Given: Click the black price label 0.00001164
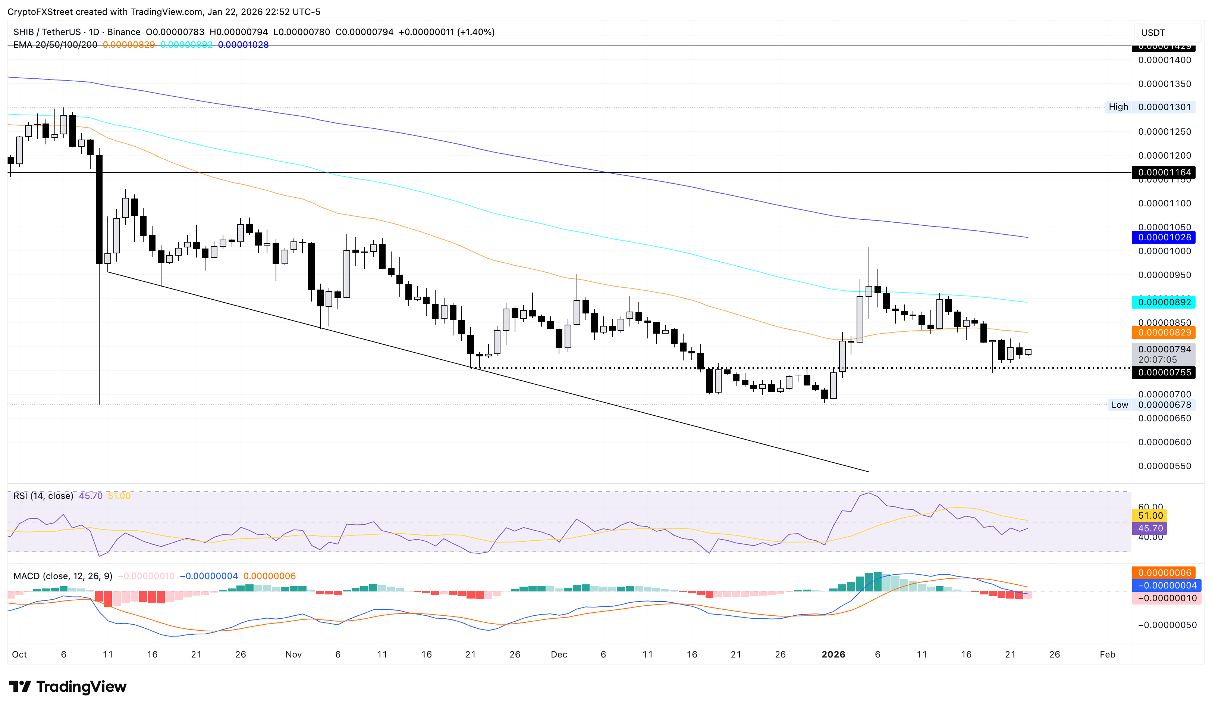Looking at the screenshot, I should pyautogui.click(x=1164, y=172).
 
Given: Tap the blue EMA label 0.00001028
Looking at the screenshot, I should pyautogui.click(x=1164, y=237).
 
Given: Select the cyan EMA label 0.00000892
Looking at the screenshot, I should pyautogui.click(x=1164, y=302).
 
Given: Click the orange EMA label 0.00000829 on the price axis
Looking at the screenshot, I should pyautogui.click(x=1164, y=332).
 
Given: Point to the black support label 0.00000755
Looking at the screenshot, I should pyautogui.click(x=1164, y=372).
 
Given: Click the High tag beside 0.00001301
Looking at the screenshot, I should pyautogui.click(x=1118, y=107).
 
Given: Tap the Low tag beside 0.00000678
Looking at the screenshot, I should pyautogui.click(x=1119, y=405).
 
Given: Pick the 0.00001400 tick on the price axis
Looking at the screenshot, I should pyautogui.click(x=1164, y=60).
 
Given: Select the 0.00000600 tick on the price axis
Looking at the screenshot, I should pyautogui.click(x=1164, y=442).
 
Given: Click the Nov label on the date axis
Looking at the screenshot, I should pyautogui.click(x=293, y=655).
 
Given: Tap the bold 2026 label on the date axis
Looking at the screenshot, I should pyautogui.click(x=833, y=655).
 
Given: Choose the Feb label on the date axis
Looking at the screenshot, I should pyautogui.click(x=1107, y=655).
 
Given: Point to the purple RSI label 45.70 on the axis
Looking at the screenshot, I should pyautogui.click(x=1150, y=528).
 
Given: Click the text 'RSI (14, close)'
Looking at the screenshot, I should pyautogui.click(x=43, y=496).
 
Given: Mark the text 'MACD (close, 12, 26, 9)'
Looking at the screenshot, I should pyautogui.click(x=63, y=576).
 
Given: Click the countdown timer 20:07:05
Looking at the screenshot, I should pyautogui.click(x=1157, y=360).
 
